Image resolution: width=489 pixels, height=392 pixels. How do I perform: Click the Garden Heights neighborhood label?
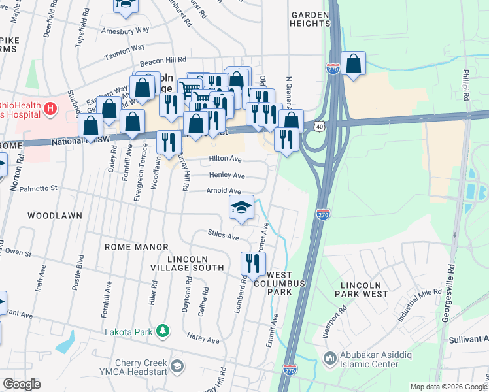(311, 18)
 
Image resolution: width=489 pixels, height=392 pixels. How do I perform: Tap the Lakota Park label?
(129, 332)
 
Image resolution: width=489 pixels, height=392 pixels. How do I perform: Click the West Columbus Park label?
(286, 283)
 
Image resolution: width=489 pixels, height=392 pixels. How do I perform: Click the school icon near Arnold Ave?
(241, 207)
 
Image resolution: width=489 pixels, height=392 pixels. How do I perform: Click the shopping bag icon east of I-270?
(353, 64)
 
